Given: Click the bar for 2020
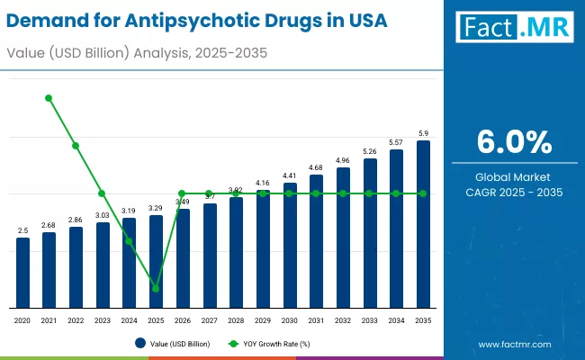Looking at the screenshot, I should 22,272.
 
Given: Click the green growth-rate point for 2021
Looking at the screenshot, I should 49,98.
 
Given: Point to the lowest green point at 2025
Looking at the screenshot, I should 156,289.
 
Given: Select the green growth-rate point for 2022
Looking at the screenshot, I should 76,146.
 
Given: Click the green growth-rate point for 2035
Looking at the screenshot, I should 423,193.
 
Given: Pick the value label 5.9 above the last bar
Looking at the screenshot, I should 423,133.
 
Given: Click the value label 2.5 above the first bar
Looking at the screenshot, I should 22,230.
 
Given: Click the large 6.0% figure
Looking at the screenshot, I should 513,142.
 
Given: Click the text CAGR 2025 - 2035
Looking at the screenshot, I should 513,192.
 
